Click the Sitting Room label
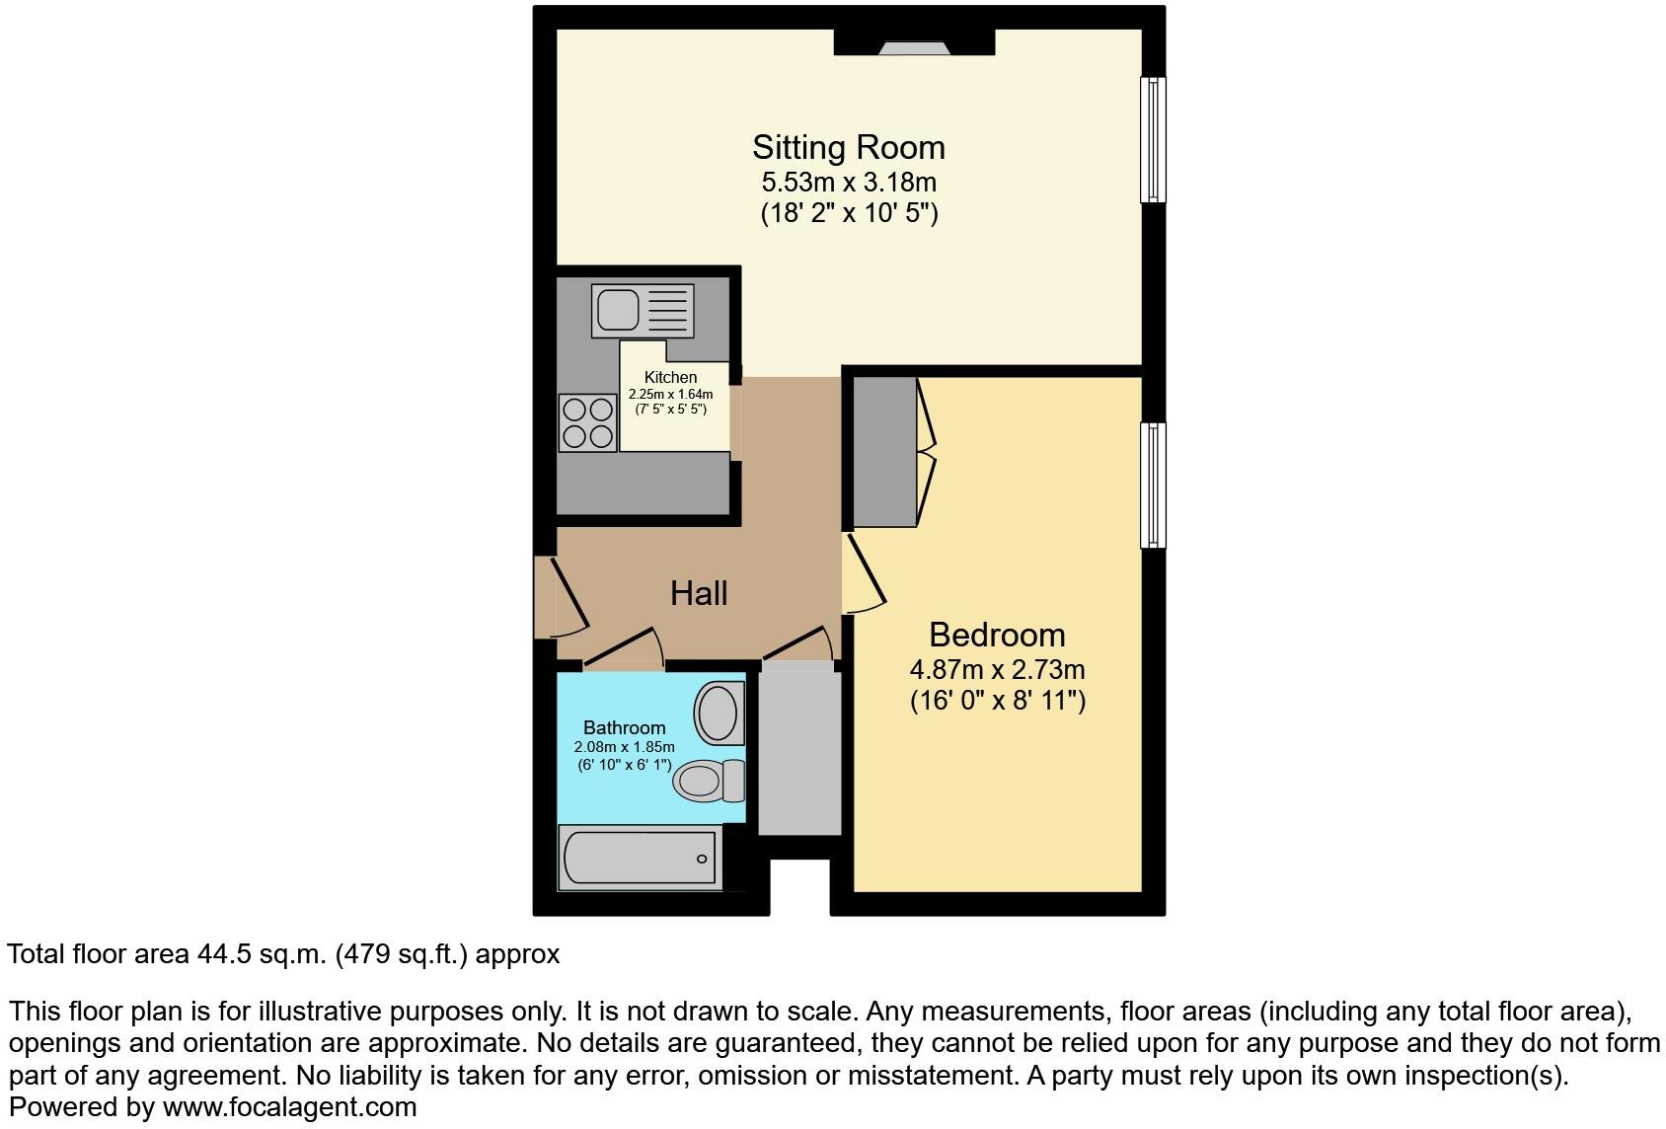848,147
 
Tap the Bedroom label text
996,635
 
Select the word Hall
698,593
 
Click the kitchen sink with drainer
642,309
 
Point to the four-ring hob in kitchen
587,421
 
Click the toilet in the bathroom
708,781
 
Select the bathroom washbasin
718,714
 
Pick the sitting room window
1152,139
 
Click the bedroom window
1152,485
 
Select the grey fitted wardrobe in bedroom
884,452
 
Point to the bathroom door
623,647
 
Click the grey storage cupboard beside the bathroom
799,752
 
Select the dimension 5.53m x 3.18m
848,183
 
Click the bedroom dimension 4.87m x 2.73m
996,670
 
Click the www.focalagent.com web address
289,1107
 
